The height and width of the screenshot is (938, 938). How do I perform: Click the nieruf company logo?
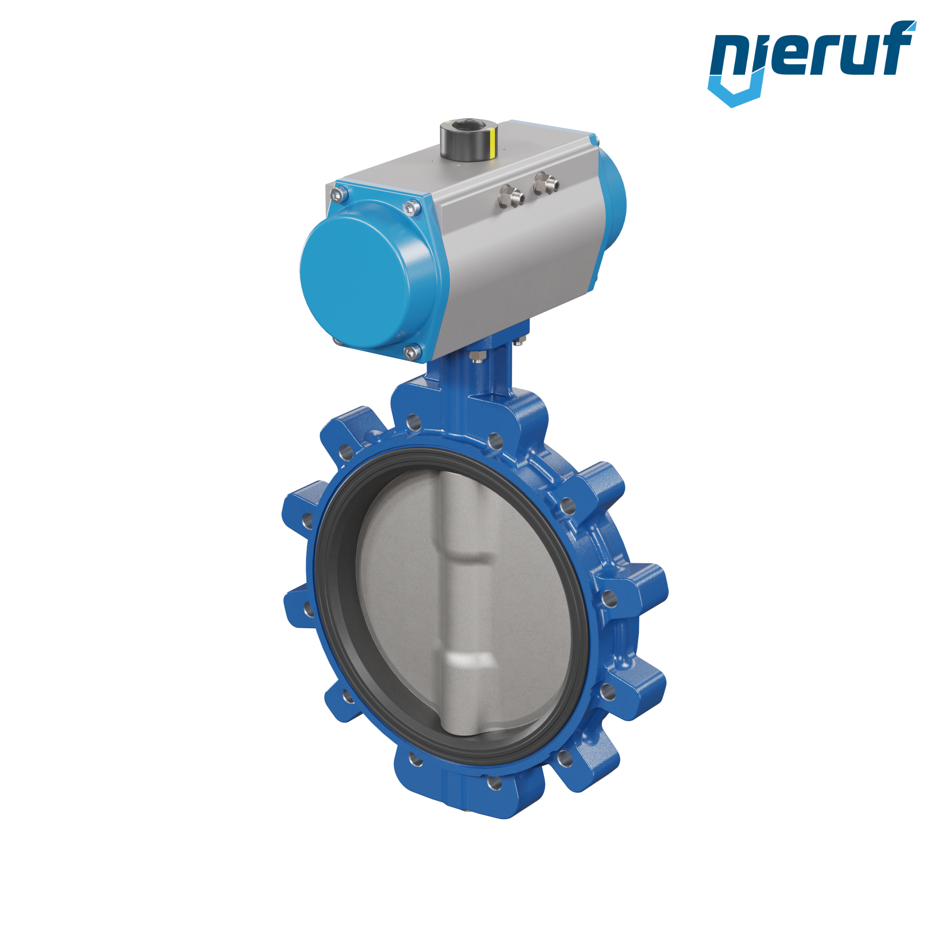click(x=811, y=64)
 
